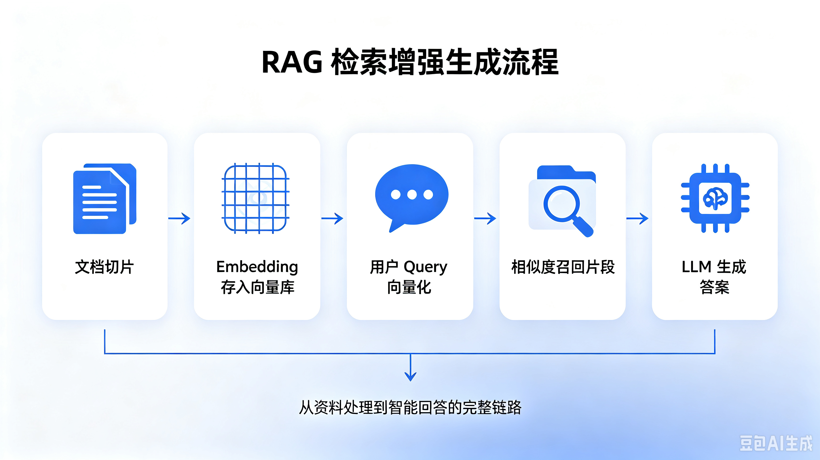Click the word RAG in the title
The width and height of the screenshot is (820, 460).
pos(292,62)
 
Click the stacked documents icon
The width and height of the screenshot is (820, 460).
pos(105,199)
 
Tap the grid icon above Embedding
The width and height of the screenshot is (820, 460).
pos(255,198)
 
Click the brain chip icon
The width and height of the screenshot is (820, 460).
pos(715,198)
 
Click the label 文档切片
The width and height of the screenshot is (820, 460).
pos(105,267)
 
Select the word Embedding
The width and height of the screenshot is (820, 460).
pos(257,267)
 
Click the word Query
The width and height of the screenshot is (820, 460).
pos(426,267)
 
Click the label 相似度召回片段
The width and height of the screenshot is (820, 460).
pos(563,267)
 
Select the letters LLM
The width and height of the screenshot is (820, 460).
pos(696,267)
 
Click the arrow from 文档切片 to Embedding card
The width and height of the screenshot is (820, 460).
pos(179,218)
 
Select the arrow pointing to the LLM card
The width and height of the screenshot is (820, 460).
pos(637,218)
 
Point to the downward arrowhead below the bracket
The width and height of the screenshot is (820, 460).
pos(410,376)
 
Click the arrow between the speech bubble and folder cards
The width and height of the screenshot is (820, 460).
pos(485,218)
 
